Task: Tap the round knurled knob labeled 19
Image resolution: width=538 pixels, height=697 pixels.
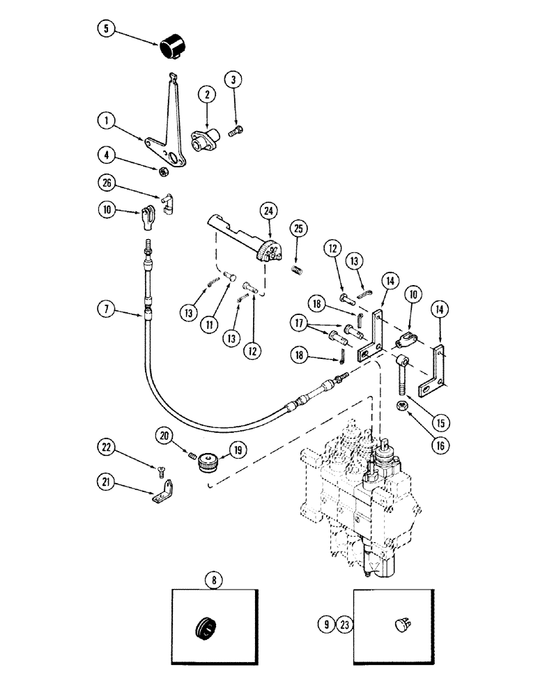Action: click(x=209, y=461)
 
